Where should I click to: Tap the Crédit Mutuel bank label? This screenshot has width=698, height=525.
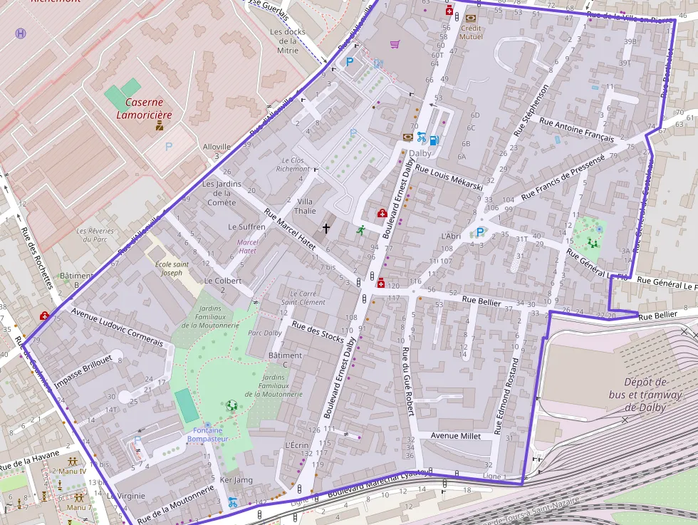click(x=471, y=32)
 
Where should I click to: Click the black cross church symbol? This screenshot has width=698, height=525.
click(x=327, y=229)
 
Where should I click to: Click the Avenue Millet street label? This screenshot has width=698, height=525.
click(x=456, y=435)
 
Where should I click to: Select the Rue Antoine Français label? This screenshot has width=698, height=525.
click(x=576, y=128)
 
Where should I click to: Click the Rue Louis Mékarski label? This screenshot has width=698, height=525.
click(x=449, y=178)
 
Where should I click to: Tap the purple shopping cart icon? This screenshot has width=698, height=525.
click(x=395, y=44)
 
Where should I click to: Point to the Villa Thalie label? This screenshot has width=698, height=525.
click(x=305, y=207)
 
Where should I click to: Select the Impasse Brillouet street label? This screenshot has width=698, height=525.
click(x=83, y=372)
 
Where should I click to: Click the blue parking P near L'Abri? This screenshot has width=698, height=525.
click(x=480, y=232)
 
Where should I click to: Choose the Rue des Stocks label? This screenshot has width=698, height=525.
click(x=318, y=333)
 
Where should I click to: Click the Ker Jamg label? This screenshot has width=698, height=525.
click(x=236, y=479)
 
